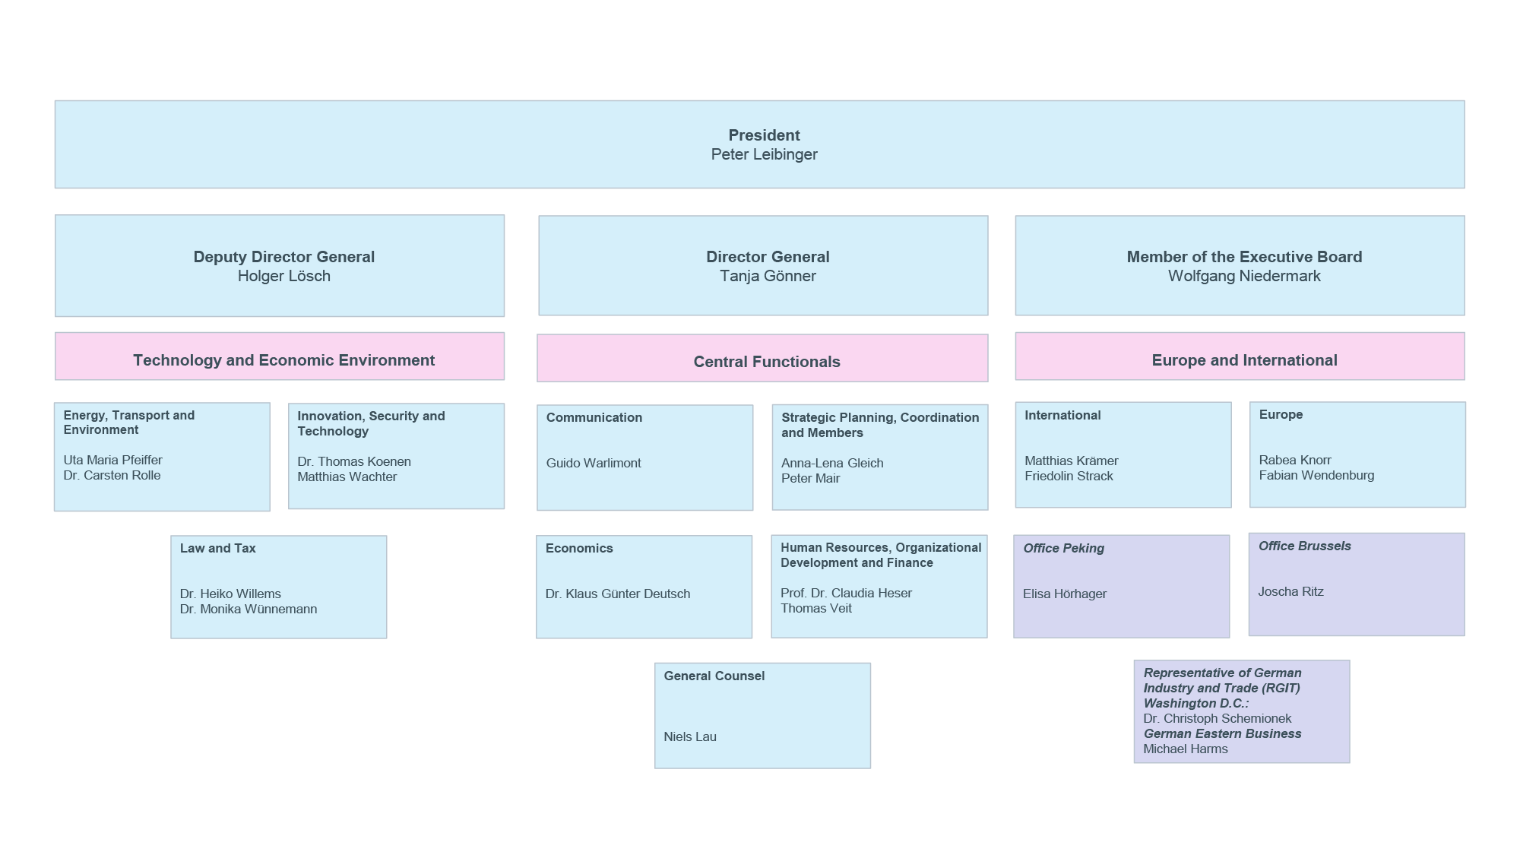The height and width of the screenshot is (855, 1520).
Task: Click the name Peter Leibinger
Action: tap(764, 154)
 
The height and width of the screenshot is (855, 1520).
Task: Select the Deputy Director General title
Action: tap(283, 257)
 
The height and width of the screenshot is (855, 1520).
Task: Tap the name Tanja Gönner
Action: tap(768, 276)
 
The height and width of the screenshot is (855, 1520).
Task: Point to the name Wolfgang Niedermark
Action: tap(1244, 276)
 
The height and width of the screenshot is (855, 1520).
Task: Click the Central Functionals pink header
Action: tap(766, 362)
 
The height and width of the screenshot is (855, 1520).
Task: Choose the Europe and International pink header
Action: tap(1244, 360)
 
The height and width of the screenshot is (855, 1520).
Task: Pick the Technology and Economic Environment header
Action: tap(283, 360)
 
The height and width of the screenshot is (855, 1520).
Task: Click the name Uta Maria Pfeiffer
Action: tap(112, 460)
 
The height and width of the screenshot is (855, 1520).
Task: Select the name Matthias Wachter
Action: tap(347, 477)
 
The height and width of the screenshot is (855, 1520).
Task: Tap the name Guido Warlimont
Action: tap(593, 463)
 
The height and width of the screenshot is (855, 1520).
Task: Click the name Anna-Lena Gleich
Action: tap(831, 463)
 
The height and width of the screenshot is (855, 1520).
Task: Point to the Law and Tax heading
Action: tap(217, 548)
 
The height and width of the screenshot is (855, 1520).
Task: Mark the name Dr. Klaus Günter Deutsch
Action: tap(617, 594)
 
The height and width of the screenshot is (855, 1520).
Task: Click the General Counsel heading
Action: tap(714, 676)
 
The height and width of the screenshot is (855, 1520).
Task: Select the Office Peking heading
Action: tap(1063, 548)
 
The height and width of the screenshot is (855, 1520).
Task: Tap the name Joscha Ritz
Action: tap(1290, 591)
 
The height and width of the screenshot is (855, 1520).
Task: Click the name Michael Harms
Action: tap(1185, 749)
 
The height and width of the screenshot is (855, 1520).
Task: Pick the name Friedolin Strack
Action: tap(1068, 476)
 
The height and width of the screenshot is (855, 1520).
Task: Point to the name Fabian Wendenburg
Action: tap(1316, 475)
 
